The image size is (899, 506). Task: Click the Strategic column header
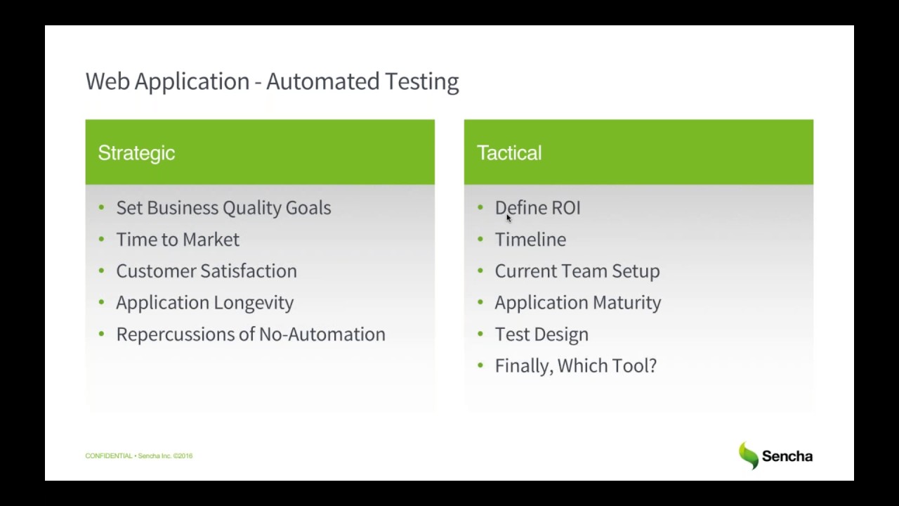point(136,153)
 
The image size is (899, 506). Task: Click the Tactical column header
point(509,153)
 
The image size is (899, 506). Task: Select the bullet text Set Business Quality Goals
point(223,208)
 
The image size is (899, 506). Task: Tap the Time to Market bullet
point(178,240)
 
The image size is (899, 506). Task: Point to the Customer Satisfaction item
point(206,271)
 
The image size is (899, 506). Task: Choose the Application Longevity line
point(205,303)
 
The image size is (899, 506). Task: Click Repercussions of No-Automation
point(251,335)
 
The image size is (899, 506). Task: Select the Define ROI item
point(538,208)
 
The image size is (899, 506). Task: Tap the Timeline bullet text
point(530,240)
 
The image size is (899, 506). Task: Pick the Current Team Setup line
point(577,271)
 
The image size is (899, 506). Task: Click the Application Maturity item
point(578,303)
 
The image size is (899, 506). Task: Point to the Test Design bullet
point(542,335)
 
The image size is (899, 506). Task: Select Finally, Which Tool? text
point(576,366)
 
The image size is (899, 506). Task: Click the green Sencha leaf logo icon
point(749,455)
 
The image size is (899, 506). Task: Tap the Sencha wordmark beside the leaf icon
point(787,456)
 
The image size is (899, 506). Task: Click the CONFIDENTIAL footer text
point(109,456)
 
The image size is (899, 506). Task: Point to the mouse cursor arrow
point(508,219)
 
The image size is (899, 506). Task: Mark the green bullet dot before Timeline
point(480,239)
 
